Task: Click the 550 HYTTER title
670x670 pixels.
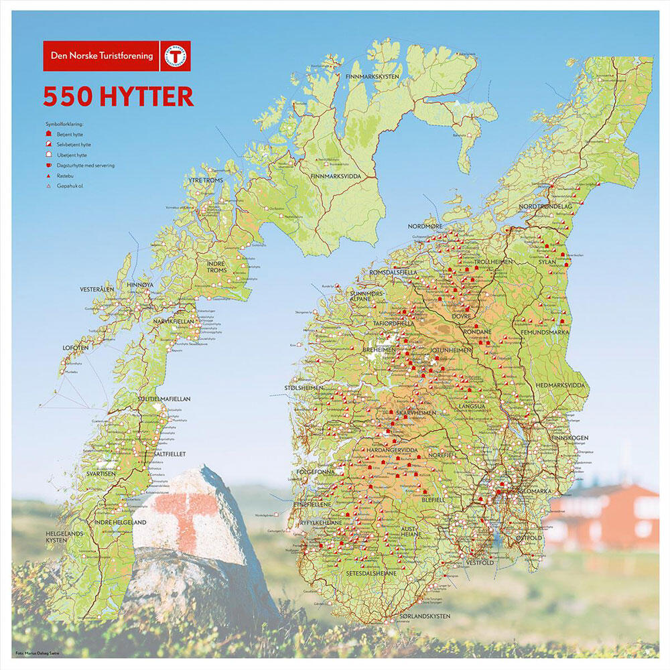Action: (x=118, y=96)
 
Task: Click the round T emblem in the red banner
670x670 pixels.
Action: (x=176, y=56)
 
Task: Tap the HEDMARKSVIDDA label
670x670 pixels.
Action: (x=560, y=386)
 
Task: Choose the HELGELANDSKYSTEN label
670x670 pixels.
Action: (x=63, y=537)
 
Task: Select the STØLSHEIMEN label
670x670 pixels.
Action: (x=304, y=388)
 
